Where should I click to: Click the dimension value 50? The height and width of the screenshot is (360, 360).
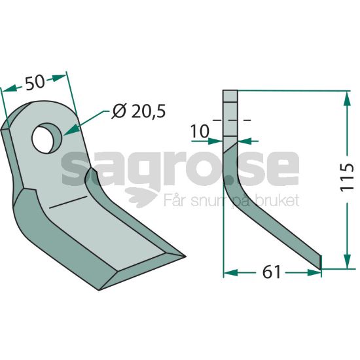(35, 82)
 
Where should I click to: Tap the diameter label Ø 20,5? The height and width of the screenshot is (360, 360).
(139, 111)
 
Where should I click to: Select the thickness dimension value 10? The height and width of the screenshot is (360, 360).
(200, 132)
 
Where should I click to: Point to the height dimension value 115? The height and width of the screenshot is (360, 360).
(347, 177)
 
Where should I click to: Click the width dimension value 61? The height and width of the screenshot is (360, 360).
(272, 272)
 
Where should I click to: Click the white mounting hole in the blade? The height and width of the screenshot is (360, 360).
(43, 139)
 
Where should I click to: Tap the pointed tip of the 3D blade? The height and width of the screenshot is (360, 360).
(185, 256)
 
